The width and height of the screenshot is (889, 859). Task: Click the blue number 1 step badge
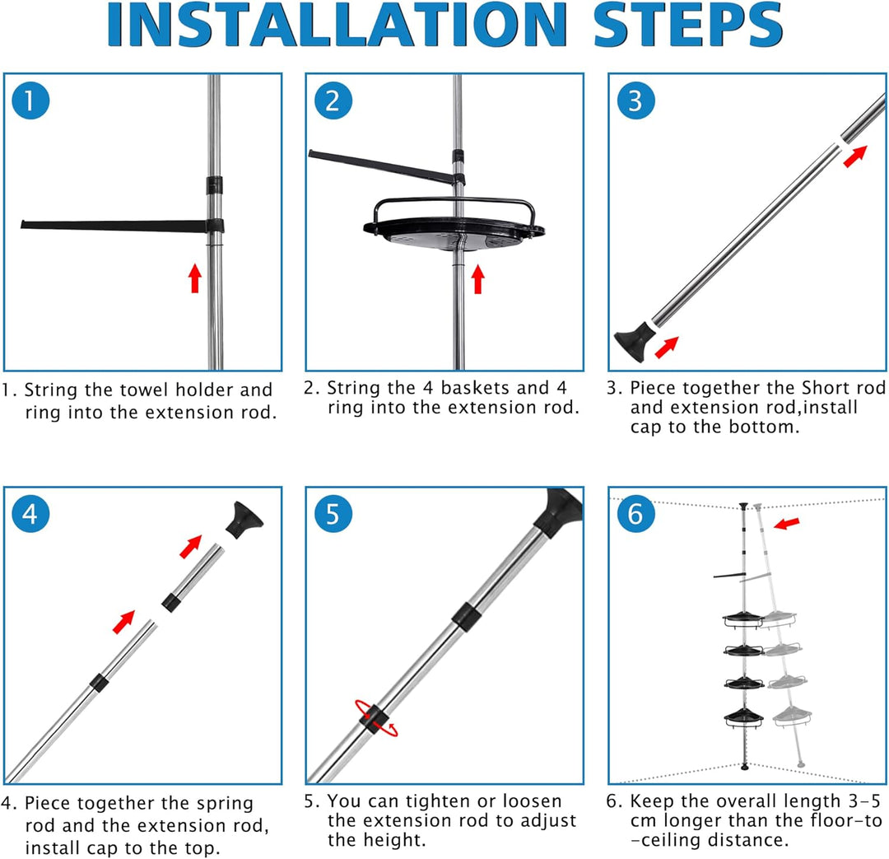click(30, 100)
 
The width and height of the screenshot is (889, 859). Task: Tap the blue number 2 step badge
click(333, 100)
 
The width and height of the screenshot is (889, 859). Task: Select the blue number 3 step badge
click(636, 100)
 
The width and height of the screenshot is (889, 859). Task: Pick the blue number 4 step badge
click(30, 514)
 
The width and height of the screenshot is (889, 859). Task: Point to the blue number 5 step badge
click(333, 514)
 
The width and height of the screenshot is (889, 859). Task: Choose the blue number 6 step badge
click(636, 514)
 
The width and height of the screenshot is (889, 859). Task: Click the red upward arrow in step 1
click(195, 278)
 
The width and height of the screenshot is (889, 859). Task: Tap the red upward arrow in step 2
click(478, 279)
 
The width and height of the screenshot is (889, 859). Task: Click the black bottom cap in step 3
click(634, 341)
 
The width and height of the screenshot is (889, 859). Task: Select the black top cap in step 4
click(244, 519)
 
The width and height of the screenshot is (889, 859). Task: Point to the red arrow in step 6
click(787, 523)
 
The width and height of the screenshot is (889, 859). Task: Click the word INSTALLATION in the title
click(337, 25)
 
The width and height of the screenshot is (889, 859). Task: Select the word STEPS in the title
click(687, 25)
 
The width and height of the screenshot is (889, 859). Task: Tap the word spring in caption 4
click(225, 805)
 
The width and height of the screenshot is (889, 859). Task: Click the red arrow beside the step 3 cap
click(667, 348)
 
